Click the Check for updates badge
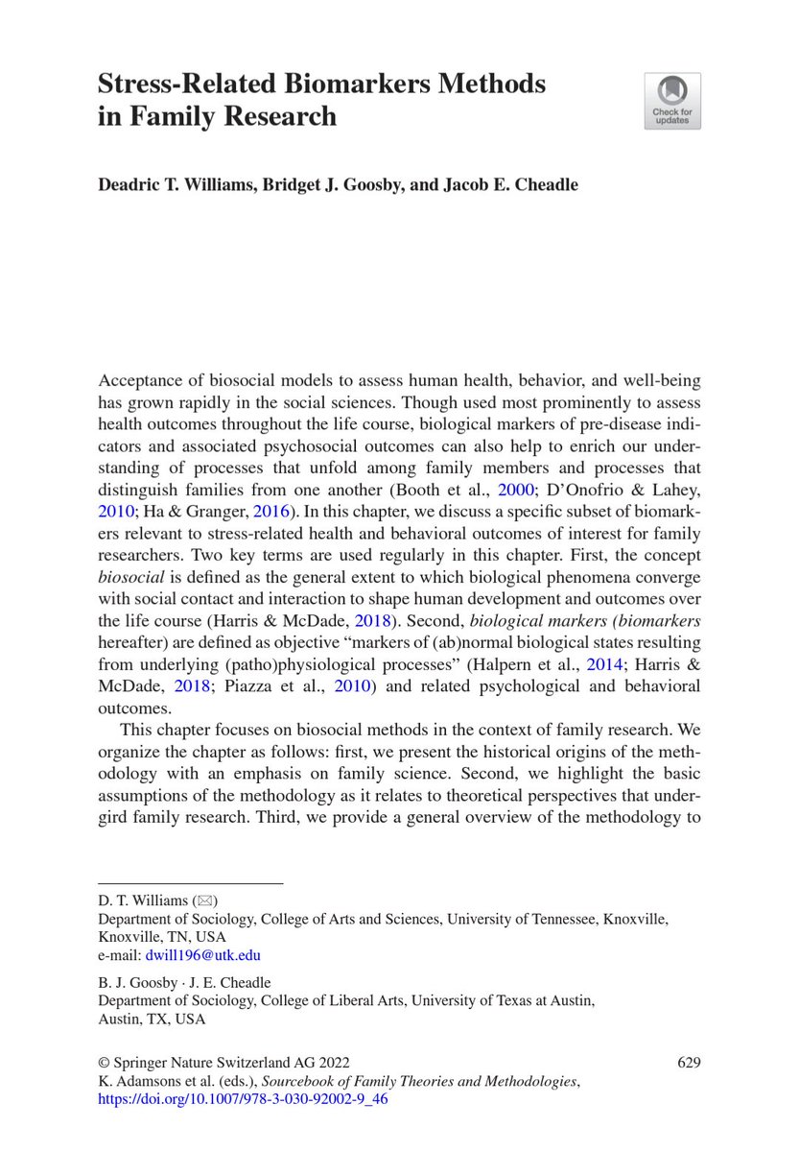coord(671,101)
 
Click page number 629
coord(689,1063)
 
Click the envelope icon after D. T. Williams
coord(205,900)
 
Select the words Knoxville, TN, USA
coord(163,936)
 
